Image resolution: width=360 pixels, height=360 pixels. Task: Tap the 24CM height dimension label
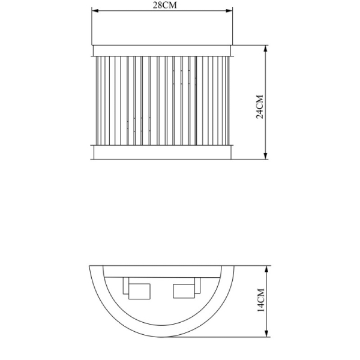[259, 106]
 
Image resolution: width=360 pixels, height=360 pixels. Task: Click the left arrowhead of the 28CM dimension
[94, 10]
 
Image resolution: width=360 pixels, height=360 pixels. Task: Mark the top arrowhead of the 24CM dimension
[265, 48]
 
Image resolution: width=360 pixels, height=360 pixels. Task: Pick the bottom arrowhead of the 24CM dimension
[265, 157]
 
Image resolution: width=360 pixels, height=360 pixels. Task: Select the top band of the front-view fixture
[162, 50]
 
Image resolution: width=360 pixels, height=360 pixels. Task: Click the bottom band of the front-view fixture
[162, 152]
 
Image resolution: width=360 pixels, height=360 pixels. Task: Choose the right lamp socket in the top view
[184, 290]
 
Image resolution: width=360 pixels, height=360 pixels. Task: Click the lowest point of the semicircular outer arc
[161, 337]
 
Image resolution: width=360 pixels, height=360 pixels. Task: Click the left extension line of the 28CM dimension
[91, 27]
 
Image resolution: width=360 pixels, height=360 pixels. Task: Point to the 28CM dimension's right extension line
[232, 27]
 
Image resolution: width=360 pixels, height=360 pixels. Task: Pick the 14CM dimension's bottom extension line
[240, 338]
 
